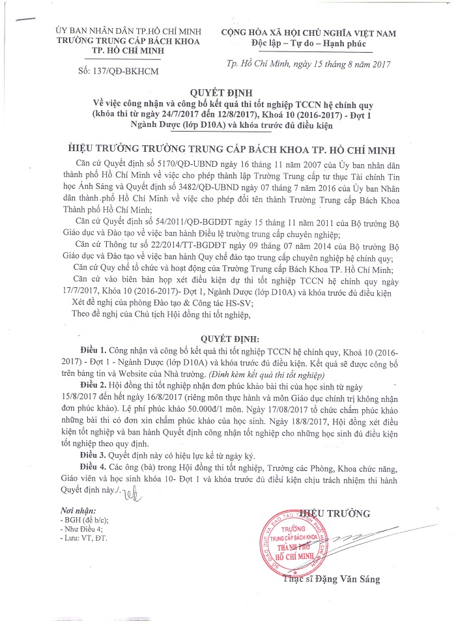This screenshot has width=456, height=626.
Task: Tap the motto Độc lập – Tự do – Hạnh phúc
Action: (308, 43)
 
